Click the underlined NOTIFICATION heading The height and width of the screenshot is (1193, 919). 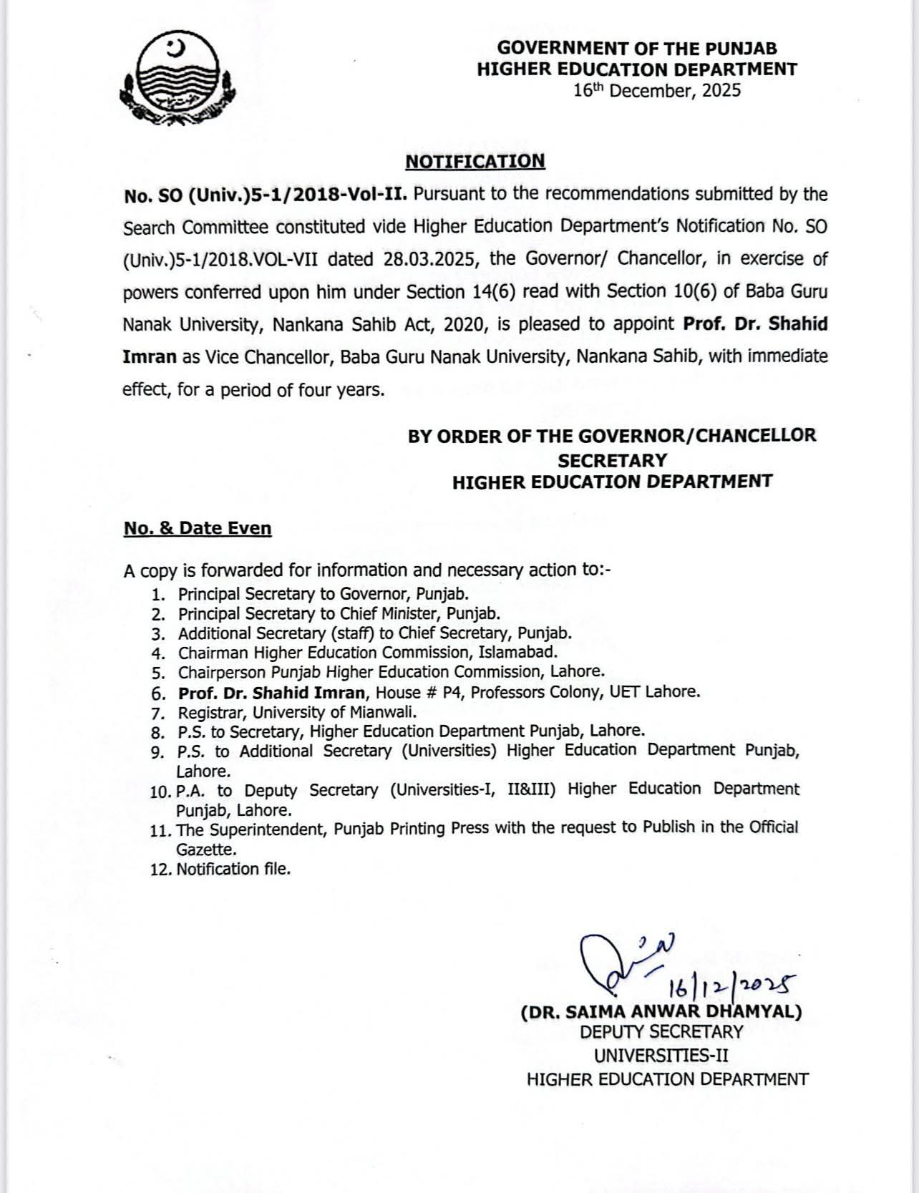pyautogui.click(x=475, y=161)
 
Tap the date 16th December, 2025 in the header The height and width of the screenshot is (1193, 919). pyautogui.click(x=657, y=91)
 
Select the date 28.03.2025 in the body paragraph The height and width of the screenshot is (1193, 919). pyautogui.click(x=429, y=259)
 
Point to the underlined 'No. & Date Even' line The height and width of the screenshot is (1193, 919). pyautogui.click(x=198, y=529)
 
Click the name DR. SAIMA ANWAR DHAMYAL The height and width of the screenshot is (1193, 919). pyautogui.click(x=661, y=1012)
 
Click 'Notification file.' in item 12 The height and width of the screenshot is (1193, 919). pyautogui.click(x=233, y=869)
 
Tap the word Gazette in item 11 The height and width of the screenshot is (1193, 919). pyautogui.click(x=206, y=849)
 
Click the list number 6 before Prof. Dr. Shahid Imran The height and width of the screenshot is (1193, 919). pyautogui.click(x=158, y=693)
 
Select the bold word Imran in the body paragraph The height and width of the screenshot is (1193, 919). pyautogui.click(x=150, y=356)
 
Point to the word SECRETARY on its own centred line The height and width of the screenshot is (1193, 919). pyautogui.click(x=612, y=459)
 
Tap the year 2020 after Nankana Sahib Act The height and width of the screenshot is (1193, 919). pyautogui.click(x=465, y=324)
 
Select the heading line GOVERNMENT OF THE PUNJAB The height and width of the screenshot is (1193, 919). pyautogui.click(x=637, y=49)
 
